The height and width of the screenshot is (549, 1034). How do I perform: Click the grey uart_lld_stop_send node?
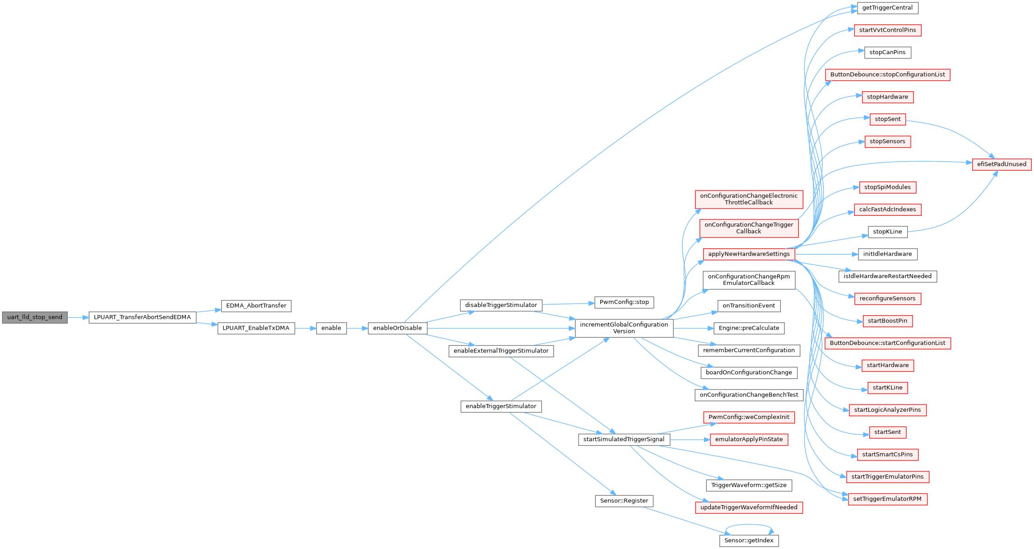click(x=35, y=317)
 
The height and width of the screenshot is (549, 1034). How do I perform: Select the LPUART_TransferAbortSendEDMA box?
click(x=142, y=317)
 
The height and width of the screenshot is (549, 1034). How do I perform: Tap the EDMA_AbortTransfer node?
click(x=256, y=306)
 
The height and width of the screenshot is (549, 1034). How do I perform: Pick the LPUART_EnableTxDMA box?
click(x=256, y=328)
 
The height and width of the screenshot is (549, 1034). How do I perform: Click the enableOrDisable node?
click(x=397, y=328)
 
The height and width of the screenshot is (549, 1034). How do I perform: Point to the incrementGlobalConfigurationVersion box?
click(x=624, y=328)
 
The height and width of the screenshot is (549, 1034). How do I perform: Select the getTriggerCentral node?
click(x=887, y=8)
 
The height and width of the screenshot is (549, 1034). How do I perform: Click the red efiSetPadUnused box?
click(x=1002, y=164)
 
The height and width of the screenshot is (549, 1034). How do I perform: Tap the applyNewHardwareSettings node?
click(x=749, y=254)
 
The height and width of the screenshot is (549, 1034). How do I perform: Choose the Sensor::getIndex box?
click(x=749, y=540)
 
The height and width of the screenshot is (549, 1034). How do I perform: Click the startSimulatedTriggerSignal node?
click(x=624, y=439)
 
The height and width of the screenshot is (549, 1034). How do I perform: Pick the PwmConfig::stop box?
click(x=624, y=302)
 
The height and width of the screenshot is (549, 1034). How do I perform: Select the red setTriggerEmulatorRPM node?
click(x=887, y=499)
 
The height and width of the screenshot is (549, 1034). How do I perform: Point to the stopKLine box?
click(x=887, y=232)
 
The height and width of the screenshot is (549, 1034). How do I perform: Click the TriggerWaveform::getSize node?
click(x=749, y=485)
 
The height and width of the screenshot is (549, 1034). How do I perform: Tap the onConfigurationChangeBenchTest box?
click(x=749, y=395)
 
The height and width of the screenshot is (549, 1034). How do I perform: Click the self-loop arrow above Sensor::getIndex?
click(x=749, y=525)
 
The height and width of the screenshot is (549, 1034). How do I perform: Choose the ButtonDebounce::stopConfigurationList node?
click(x=887, y=75)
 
